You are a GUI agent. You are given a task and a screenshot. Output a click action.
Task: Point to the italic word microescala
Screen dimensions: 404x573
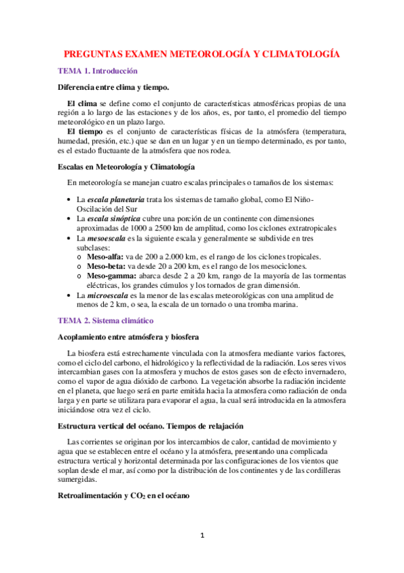(x=109, y=295)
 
